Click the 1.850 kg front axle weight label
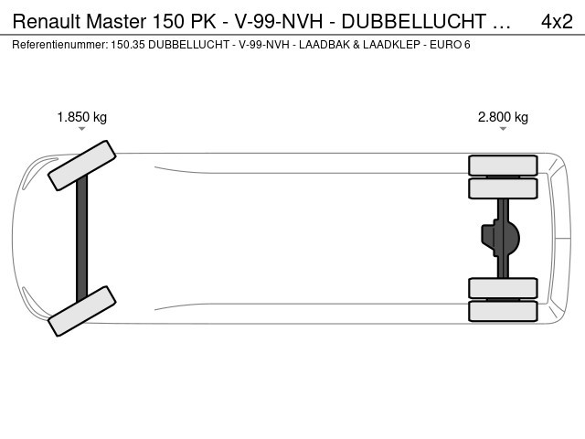[82, 117]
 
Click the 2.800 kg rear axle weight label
[503, 117]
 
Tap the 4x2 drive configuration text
[557, 21]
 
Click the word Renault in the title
[47, 21]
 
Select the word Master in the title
[116, 21]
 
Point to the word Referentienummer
[60, 45]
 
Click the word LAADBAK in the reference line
[324, 45]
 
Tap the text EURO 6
[450, 45]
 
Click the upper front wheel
[82, 166]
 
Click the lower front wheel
[82, 311]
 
